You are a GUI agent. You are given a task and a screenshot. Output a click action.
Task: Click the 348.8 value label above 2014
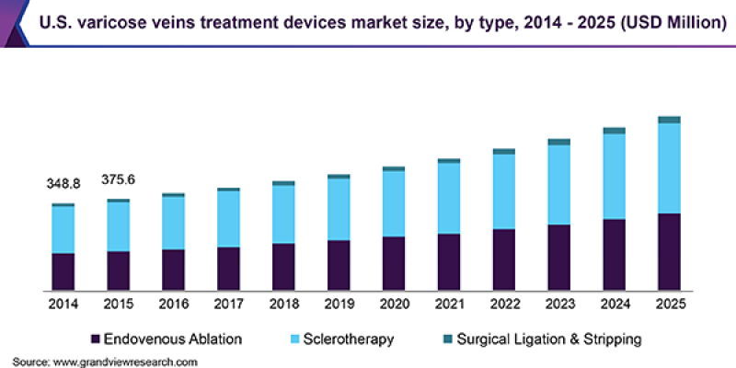pyautogui.click(x=63, y=184)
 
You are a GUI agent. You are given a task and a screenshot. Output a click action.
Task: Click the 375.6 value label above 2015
pyautogui.click(x=119, y=179)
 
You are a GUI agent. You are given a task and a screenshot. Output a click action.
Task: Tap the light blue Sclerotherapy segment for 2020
pyautogui.click(x=394, y=203)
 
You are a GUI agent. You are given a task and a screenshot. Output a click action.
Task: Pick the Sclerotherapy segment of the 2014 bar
pyautogui.click(x=63, y=229)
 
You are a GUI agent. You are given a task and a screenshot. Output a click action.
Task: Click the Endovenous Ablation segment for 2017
pyautogui.click(x=228, y=268)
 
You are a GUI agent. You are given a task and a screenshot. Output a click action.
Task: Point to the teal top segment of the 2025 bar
pyautogui.click(x=669, y=120)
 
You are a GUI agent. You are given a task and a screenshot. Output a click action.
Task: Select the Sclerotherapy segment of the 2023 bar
pyautogui.click(x=559, y=185)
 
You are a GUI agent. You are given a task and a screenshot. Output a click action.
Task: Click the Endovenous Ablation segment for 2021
pyautogui.click(x=449, y=261)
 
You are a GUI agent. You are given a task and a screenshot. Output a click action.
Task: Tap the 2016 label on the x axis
pyautogui.click(x=174, y=304)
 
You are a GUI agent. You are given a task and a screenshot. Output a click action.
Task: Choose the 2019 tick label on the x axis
pyautogui.click(x=339, y=304)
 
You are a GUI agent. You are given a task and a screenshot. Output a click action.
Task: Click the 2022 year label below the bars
pyautogui.click(x=504, y=304)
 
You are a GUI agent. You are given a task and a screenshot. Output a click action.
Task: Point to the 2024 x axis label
pyautogui.click(x=615, y=304)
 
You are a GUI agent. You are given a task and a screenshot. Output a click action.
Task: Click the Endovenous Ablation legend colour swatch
pyautogui.click(x=95, y=339)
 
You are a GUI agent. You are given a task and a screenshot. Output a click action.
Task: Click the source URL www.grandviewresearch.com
pyautogui.click(x=124, y=362)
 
